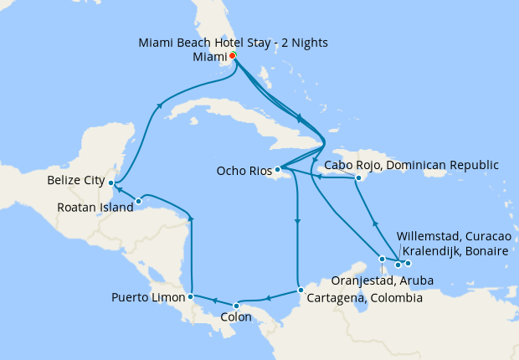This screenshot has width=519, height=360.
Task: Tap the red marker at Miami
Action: click(x=232, y=56)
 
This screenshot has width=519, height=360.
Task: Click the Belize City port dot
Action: click(x=111, y=183)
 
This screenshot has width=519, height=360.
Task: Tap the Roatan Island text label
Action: click(x=95, y=208)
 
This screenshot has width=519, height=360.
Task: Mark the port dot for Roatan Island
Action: click(x=138, y=201)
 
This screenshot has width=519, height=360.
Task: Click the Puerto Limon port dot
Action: click(x=192, y=296)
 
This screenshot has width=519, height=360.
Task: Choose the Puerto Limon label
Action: click(x=149, y=297)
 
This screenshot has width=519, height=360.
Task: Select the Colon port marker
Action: click(x=237, y=305)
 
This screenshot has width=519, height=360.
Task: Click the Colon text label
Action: click(x=237, y=319)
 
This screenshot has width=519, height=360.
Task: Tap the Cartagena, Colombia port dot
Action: click(x=301, y=291)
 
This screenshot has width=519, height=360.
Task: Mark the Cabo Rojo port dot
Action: click(x=357, y=178)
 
